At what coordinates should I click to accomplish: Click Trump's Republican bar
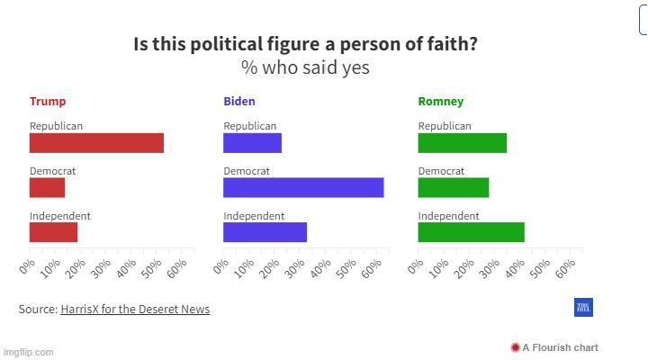point(96,143)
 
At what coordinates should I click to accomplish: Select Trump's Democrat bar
point(47,187)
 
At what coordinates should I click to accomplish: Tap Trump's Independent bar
point(53,232)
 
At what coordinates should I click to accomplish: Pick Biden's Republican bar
point(252,143)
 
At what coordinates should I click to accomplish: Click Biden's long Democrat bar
point(303,187)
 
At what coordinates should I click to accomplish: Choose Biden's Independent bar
point(265,232)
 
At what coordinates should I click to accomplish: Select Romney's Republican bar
point(462,143)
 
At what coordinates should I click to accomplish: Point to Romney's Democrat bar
point(453,187)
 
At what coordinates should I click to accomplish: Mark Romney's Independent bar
point(471,232)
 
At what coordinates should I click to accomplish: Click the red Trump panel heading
point(48,102)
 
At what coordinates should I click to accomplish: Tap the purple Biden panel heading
point(239,102)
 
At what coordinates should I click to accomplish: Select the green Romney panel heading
point(441,102)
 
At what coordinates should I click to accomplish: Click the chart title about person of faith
point(305,45)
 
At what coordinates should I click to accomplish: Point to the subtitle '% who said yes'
point(305,68)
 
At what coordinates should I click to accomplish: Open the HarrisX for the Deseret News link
point(135,310)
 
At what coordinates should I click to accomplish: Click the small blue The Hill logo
point(583,309)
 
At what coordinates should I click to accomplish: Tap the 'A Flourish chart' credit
point(554,347)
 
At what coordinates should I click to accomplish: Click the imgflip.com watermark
point(29,352)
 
